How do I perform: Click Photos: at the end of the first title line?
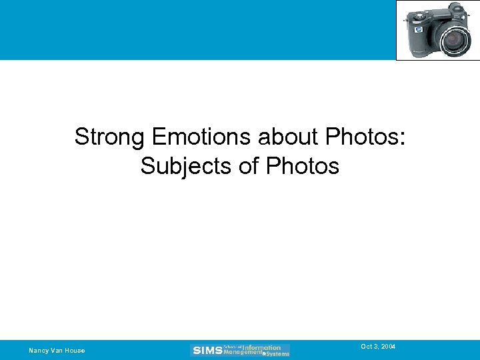point(366,137)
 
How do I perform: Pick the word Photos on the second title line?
point(303,166)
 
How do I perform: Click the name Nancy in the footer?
point(37,351)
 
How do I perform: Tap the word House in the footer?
point(75,351)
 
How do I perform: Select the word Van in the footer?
point(55,351)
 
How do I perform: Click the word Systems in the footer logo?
point(277,353)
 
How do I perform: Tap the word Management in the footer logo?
point(243,352)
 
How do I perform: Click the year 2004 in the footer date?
point(389,347)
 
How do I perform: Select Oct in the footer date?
point(366,347)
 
